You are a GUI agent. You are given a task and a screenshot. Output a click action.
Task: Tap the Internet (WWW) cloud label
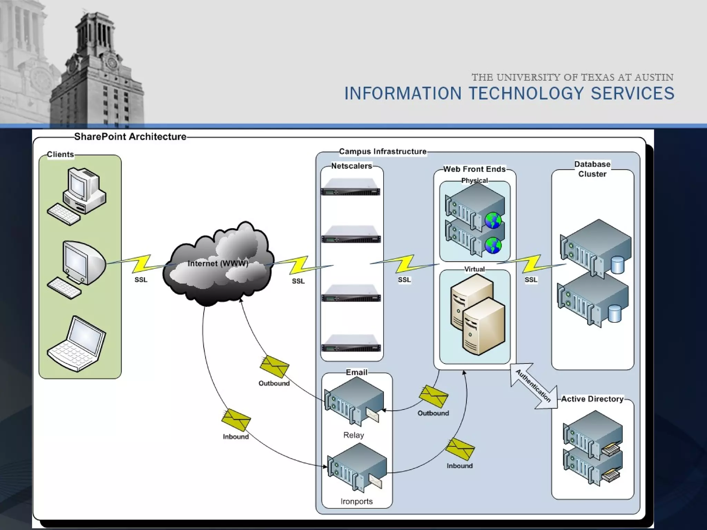[218, 264]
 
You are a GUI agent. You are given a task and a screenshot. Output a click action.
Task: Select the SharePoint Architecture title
[130, 137]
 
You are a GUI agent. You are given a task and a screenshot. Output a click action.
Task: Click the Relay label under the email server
[353, 435]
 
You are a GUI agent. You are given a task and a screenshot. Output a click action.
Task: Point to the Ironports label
[357, 501]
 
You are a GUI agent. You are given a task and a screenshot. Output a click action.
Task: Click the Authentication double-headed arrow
[534, 386]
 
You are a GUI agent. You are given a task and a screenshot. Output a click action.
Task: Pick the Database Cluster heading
[592, 169]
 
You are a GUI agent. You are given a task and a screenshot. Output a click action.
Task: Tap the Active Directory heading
[592, 399]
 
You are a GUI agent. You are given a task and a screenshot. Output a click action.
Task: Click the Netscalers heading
[351, 166]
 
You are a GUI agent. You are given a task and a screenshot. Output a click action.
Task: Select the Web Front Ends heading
[474, 169]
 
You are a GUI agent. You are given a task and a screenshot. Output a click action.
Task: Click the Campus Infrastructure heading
[382, 151]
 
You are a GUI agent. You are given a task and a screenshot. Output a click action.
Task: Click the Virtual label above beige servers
[474, 269]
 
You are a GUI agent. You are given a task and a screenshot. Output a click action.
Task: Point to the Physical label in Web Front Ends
[474, 180]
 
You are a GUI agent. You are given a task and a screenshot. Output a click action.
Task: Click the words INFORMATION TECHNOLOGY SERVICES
[509, 94]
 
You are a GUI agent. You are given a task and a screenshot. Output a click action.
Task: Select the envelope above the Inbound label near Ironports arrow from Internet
[236, 420]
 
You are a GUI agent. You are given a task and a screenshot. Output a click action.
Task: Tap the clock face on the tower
[112, 63]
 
